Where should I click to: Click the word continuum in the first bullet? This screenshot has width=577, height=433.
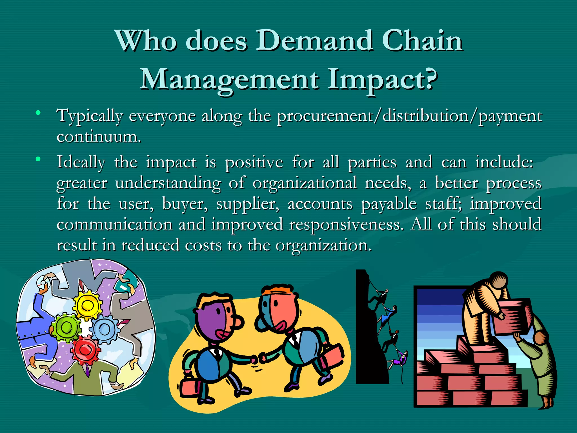pyautogui.click(x=98, y=137)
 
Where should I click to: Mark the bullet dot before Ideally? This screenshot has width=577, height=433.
pyautogui.click(x=38, y=159)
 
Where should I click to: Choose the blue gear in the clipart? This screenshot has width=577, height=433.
pyautogui.click(x=105, y=329)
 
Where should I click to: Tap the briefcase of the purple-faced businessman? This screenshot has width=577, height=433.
pyautogui.click(x=189, y=387)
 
